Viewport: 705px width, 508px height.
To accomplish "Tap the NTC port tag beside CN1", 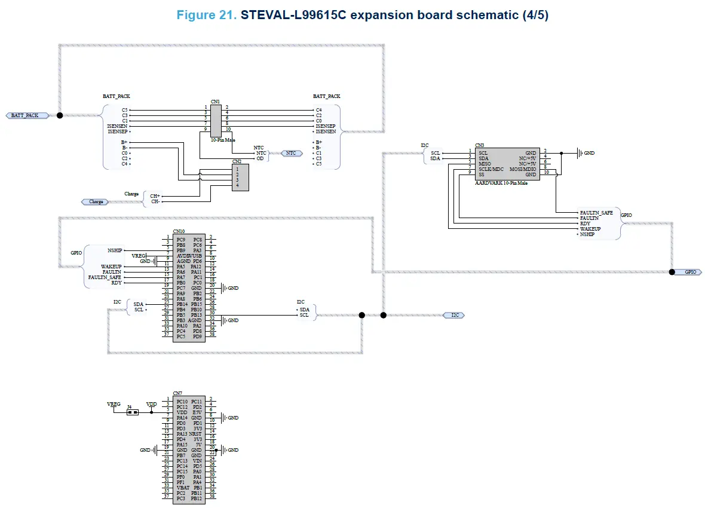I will pos(290,154).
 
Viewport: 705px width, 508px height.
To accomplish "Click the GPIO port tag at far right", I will pos(690,272).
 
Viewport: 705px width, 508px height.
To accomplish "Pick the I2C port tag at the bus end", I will pos(453,315).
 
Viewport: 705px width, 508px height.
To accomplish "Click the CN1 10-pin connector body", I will pos(216,120).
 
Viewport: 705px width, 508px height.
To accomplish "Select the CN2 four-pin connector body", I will pos(241,177).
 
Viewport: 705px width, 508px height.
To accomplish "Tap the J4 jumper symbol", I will pos(133,412).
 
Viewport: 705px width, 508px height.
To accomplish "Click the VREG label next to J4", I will pos(114,404).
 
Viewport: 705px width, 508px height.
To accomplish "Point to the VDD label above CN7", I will pos(152,405).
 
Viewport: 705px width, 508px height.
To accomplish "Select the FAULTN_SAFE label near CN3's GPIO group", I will pos(596,213).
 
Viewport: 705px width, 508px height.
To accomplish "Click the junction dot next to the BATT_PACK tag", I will pos(59,115).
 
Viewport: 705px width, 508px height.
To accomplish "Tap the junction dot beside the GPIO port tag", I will pos(672,272).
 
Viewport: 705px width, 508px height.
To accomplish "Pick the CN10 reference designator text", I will pos(179,231).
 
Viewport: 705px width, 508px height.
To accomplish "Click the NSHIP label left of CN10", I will pos(115,250).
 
